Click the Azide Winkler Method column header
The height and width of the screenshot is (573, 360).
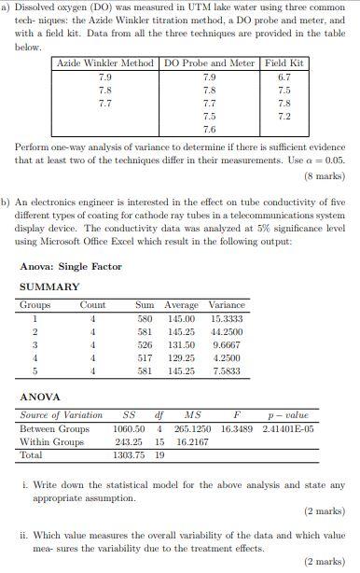(105, 63)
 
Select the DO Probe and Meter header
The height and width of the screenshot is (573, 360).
(208, 63)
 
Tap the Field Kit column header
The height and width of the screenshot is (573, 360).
(284, 63)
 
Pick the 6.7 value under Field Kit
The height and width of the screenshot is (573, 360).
(284, 77)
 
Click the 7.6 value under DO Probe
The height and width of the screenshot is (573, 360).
(208, 129)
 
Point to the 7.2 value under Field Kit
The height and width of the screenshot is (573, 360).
(284, 116)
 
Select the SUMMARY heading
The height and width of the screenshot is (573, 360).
(49, 286)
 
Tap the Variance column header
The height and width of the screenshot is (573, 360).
(227, 304)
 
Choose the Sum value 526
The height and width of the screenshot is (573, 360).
(145, 343)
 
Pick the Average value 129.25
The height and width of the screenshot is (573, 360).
(181, 356)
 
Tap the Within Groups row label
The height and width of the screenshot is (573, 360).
(52, 441)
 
